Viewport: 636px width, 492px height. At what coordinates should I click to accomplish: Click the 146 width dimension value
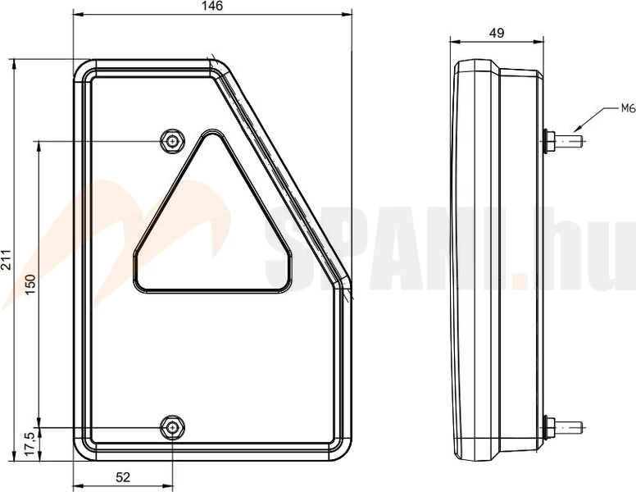[212, 6]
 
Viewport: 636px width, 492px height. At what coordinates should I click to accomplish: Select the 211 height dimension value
[6, 260]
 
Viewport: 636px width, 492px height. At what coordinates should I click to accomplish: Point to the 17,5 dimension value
[31, 444]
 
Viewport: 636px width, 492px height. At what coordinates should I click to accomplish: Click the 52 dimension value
[123, 477]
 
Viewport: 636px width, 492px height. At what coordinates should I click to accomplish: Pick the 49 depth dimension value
[497, 33]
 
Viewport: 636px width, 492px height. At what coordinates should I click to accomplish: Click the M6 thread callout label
[628, 108]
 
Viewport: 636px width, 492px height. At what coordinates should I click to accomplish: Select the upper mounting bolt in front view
[173, 141]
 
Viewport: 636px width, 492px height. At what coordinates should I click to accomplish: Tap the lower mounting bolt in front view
[173, 427]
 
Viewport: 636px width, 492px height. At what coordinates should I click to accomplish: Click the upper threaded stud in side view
[570, 141]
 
